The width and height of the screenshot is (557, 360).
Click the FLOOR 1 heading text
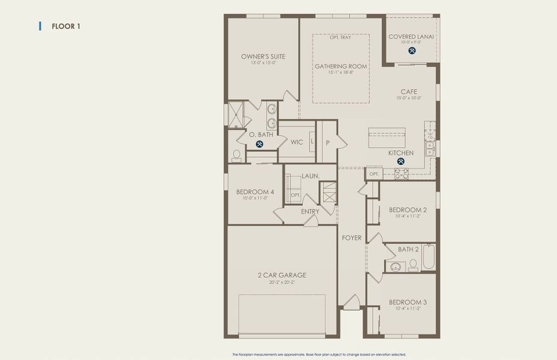(x=66, y=26)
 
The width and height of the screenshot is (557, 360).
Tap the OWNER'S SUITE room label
(x=263, y=56)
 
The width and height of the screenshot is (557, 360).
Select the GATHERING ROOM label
(x=341, y=66)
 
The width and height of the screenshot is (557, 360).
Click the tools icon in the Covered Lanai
(x=412, y=50)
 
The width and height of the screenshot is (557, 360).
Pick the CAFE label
(x=409, y=92)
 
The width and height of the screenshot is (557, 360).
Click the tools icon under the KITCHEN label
(x=401, y=161)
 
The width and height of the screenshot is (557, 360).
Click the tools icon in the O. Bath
(x=260, y=144)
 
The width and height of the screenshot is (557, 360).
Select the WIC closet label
(x=297, y=142)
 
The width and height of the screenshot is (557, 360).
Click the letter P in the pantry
(x=327, y=143)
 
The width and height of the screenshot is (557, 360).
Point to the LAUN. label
(x=311, y=176)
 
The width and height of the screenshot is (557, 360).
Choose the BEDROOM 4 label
(x=255, y=192)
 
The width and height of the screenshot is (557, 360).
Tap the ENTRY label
(x=310, y=211)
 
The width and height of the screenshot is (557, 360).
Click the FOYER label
(x=352, y=238)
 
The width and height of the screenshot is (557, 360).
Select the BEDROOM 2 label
(x=408, y=210)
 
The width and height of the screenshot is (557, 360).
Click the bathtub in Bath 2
(x=428, y=257)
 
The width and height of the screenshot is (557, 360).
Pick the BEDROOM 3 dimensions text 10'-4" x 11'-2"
(x=408, y=309)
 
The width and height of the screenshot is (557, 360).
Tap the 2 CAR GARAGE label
(x=282, y=275)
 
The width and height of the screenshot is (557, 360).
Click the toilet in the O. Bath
(x=236, y=156)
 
